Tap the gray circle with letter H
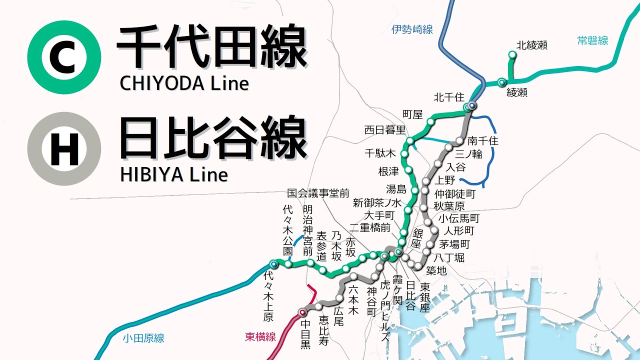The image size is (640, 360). [x=64, y=148]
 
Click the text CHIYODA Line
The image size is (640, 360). [x=184, y=83]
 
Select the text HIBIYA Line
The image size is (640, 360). [x=173, y=174]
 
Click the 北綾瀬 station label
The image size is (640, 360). [x=532, y=45]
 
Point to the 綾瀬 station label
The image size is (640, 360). [x=517, y=92]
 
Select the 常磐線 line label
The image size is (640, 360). [x=592, y=41]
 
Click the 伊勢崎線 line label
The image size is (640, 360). [x=412, y=29]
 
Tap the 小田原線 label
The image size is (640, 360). [x=143, y=338]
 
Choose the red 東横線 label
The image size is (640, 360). [x=260, y=337]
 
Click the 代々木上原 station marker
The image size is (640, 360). [x=273, y=263]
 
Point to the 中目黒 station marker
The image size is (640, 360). [x=302, y=313]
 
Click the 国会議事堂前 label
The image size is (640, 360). [x=318, y=192]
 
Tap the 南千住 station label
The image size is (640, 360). [x=483, y=141]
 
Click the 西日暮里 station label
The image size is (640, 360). [x=384, y=130]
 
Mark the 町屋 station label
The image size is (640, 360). [x=412, y=114]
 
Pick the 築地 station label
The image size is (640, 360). [x=436, y=270]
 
